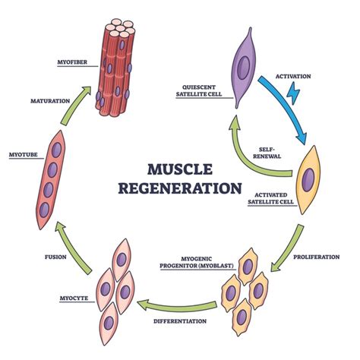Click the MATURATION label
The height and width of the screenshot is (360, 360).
(50, 100)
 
